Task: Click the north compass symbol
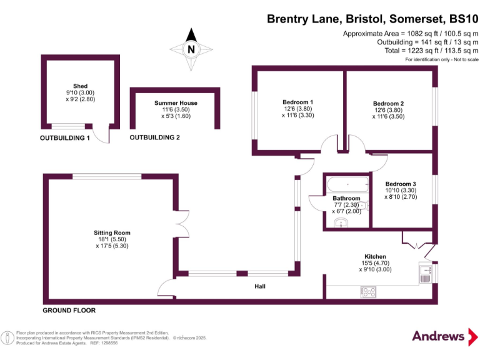(x=191, y=48)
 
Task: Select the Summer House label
(x=176, y=103)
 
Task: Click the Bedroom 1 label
(x=297, y=102)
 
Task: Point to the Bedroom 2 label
(x=388, y=103)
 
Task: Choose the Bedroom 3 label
(x=401, y=183)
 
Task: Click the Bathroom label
(x=346, y=198)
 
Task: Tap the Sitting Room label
(x=112, y=232)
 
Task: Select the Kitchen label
(x=376, y=257)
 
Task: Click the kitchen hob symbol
(x=366, y=291)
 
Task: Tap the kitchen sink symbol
(x=425, y=273)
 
